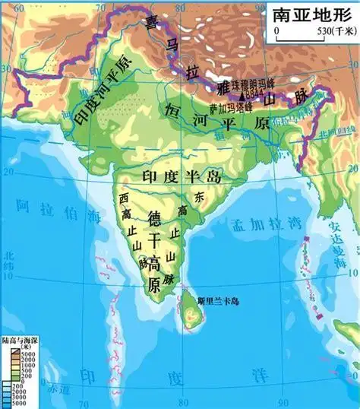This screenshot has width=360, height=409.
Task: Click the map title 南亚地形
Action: click(311, 14)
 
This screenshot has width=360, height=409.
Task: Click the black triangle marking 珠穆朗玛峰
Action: click(242, 97)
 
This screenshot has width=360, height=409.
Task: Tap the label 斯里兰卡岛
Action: click(217, 301)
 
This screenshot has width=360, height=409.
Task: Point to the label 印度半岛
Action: click(181, 176)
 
